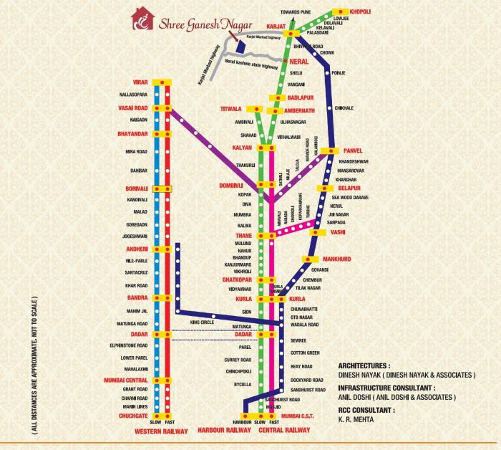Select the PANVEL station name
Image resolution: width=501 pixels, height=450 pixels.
click(351, 150)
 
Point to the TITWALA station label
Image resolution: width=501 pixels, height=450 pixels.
click(233, 108)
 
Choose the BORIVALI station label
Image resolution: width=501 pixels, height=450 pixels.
click(135, 188)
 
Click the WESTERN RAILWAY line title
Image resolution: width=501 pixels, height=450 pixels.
click(160, 431)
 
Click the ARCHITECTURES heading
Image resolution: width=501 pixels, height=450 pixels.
click(369, 365)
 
